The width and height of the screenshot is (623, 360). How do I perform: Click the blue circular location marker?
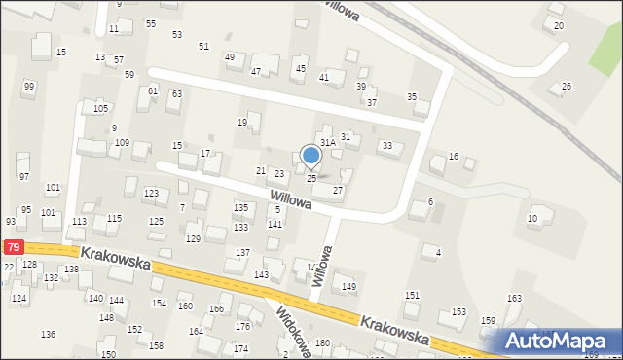(x=311, y=156)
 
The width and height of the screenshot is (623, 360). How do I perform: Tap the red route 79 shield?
(x=12, y=248)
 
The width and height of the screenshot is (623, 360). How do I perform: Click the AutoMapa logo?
(x=558, y=341)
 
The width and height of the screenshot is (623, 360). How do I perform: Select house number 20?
(x=558, y=25)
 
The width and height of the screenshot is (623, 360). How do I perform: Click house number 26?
(x=566, y=87)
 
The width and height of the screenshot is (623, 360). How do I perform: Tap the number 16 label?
(x=453, y=157)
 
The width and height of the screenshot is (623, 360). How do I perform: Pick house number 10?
(x=532, y=219)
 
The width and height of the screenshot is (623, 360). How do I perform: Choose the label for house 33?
(x=387, y=146)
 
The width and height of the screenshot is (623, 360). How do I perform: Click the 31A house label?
(x=328, y=142)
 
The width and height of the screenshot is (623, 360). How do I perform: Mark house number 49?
(x=230, y=57)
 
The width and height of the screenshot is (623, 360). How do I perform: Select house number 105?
(x=100, y=108)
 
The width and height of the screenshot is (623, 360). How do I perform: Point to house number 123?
(x=151, y=194)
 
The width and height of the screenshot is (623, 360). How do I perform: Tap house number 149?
(x=348, y=286)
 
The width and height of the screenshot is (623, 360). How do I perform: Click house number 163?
(x=514, y=298)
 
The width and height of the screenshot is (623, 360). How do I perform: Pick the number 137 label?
(x=242, y=253)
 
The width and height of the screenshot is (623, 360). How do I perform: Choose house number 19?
(x=242, y=123)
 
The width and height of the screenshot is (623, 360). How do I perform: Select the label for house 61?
(x=153, y=90)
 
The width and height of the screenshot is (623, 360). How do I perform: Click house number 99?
(x=29, y=87)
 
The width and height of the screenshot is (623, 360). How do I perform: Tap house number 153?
(x=458, y=312)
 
